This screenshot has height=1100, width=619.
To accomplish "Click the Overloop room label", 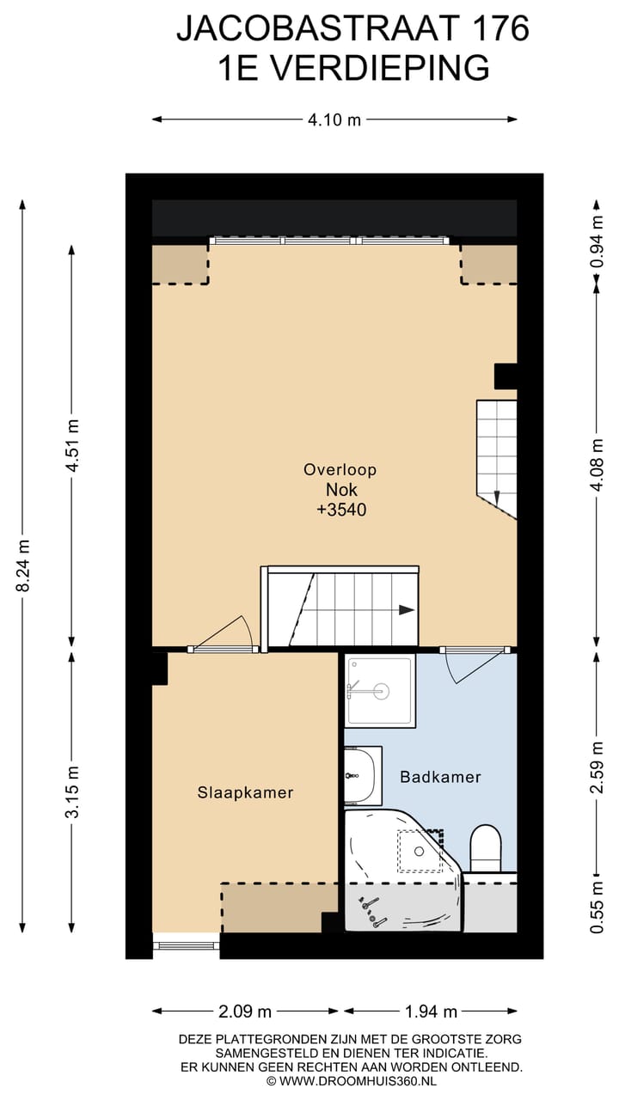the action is pyautogui.click(x=340, y=469).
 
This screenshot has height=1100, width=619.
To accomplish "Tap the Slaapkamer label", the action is pyautogui.click(x=245, y=792).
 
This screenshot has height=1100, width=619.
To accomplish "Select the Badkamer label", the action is pyautogui.click(x=440, y=776).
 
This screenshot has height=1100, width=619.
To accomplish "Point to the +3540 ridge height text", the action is pyautogui.click(x=341, y=510).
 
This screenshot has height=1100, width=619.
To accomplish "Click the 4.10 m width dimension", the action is pyautogui.click(x=334, y=119).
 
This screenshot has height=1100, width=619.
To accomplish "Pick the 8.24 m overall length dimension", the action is pyautogui.click(x=23, y=565).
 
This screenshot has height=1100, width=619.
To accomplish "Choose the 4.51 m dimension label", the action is pyautogui.click(x=72, y=445).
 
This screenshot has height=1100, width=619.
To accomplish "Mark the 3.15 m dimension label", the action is pyautogui.click(x=72, y=791).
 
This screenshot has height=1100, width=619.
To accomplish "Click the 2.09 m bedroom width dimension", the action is pyautogui.click(x=245, y=1011).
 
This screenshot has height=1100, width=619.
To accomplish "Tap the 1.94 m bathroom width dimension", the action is pyautogui.click(x=431, y=1011).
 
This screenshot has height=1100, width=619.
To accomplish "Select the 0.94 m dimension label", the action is pyautogui.click(x=597, y=241).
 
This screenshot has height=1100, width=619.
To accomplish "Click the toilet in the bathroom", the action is pyautogui.click(x=486, y=848).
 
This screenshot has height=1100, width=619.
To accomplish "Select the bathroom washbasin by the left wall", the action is pyautogui.click(x=363, y=775).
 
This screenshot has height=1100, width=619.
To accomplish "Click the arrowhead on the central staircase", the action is pyautogui.click(x=407, y=610).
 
